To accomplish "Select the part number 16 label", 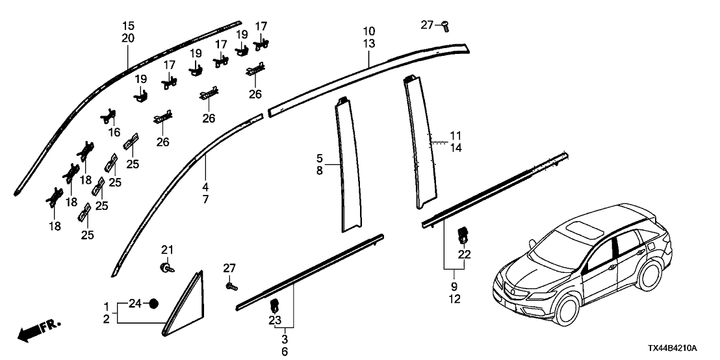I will coord(115,133).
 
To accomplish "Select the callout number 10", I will coord(368,31).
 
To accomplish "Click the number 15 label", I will coord(128,26).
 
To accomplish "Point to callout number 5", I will coord(319,157).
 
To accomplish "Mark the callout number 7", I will coord(205,181).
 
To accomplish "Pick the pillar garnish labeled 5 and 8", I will coord(352,169).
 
